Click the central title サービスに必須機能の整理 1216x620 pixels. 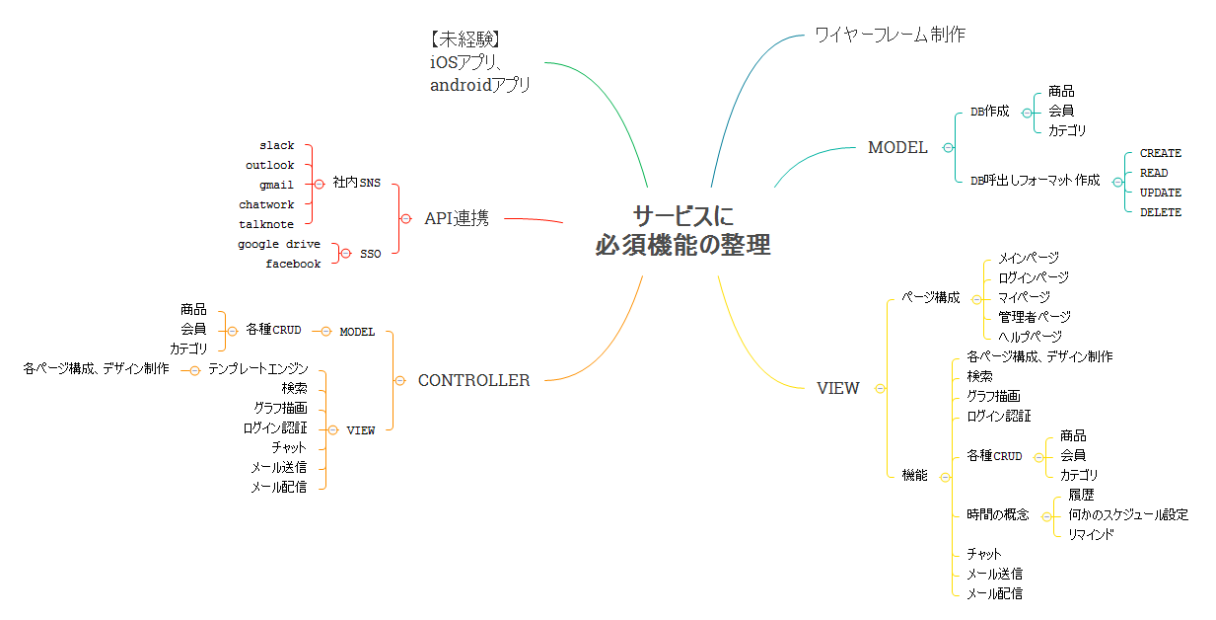point(682,230)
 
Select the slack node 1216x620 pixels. point(277,146)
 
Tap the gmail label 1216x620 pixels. point(276,186)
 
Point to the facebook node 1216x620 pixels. point(293,265)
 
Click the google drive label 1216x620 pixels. point(279,245)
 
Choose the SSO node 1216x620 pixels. point(370,254)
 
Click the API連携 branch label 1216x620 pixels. point(456,218)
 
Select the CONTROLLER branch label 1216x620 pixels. point(473,380)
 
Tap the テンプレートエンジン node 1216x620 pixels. point(257,369)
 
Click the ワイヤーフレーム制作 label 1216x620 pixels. point(890,35)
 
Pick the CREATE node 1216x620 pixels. point(1160,154)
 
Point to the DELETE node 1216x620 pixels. point(1160,213)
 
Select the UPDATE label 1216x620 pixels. point(1160,194)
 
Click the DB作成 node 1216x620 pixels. point(989,112)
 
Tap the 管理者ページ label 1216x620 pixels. point(1034,317)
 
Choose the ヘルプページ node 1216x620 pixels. point(1030,337)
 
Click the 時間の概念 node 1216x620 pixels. point(997,514)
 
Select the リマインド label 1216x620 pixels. point(1091,534)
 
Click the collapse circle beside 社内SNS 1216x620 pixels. point(319,184)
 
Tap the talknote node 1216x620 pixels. point(266,225)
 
